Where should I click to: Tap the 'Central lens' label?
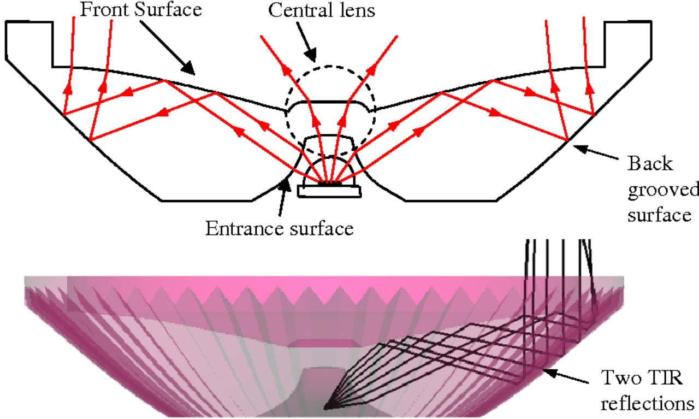pos(322,11)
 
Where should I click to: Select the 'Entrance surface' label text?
pos(279,228)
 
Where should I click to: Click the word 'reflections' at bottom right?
pos(647,403)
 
